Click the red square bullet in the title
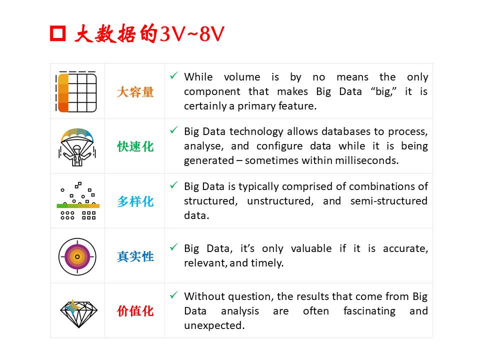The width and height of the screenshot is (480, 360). (58, 33)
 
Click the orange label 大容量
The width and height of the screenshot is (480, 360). (135, 92)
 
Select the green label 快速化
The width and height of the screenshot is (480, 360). (135, 146)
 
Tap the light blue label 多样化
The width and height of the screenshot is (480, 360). (135, 201)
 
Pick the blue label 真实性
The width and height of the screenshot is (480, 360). (135, 256)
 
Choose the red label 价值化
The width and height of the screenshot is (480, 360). (135, 311)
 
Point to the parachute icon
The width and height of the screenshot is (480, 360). (77, 147)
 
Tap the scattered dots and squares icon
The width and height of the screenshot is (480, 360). (78, 201)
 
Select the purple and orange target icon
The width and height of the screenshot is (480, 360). (77, 256)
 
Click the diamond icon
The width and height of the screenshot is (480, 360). (78, 313)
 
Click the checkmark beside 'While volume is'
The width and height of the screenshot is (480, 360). (174, 75)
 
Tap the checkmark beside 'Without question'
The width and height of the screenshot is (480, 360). (174, 295)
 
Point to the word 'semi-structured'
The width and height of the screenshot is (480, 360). (389, 201)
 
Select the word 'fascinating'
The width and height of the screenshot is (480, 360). (369, 311)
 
